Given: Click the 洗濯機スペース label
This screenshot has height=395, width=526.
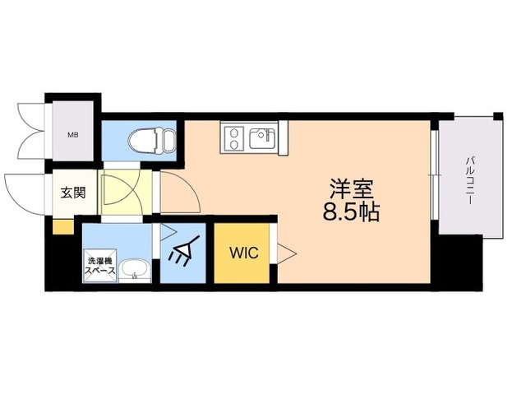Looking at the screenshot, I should [99, 267].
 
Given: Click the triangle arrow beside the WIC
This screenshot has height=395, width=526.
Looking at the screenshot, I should [285, 253].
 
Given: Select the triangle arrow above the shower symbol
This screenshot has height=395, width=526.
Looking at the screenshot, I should [168, 233].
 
